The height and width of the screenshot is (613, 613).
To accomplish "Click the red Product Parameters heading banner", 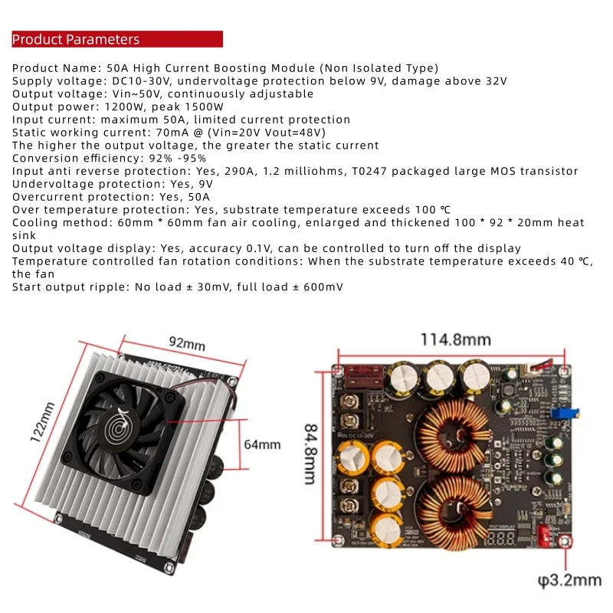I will pos(116,39).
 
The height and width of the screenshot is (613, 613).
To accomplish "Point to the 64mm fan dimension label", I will pos(262,444).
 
